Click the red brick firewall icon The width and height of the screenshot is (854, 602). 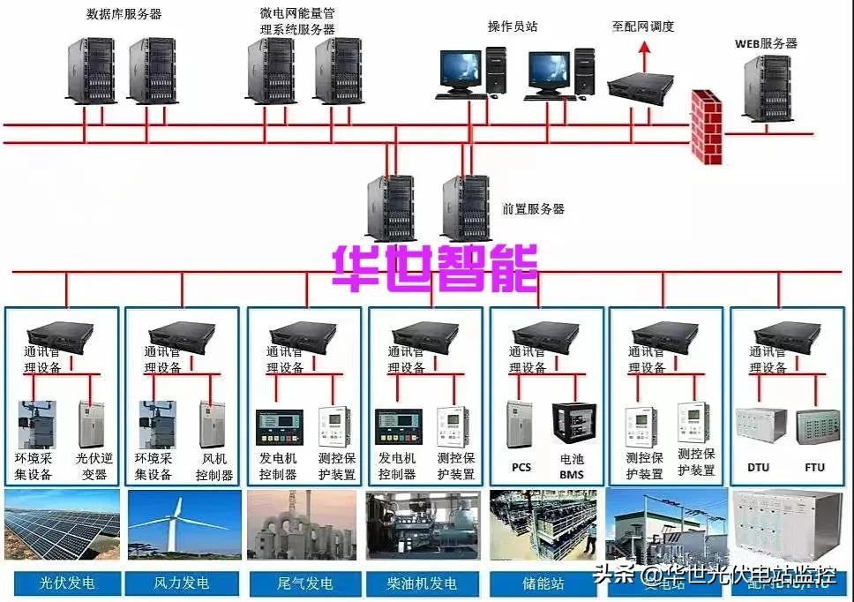pyautogui.click(x=706, y=126)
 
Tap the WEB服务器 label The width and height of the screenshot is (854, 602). pyautogui.click(x=766, y=43)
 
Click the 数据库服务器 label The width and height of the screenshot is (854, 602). pyautogui.click(x=124, y=14)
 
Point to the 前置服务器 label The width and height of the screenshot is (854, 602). pyautogui.click(x=533, y=209)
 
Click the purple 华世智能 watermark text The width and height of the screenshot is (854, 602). pyautogui.click(x=435, y=267)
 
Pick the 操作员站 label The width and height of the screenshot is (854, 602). pyautogui.click(x=513, y=26)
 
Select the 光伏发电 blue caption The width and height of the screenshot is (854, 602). pyautogui.click(x=67, y=583)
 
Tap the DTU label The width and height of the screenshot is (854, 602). pyautogui.click(x=759, y=467)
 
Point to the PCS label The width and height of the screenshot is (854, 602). pyautogui.click(x=521, y=466)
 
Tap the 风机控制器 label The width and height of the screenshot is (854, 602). pyautogui.click(x=214, y=467)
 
